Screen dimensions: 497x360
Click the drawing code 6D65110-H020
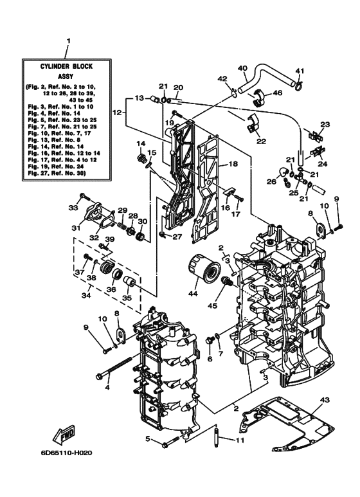click(67, 453)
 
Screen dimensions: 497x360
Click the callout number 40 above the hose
click(242, 68)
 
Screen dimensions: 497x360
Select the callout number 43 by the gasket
click(324, 401)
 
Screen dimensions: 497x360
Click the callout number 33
click(72, 208)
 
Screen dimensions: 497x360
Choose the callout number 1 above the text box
click(67, 42)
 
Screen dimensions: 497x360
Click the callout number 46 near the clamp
click(277, 93)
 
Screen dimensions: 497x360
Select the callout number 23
click(325, 125)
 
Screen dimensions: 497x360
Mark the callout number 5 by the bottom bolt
click(148, 439)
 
